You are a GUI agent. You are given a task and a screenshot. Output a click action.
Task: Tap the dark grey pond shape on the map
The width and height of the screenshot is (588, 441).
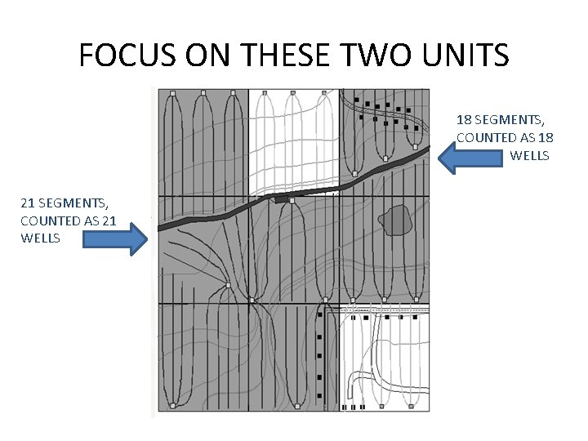(x=396, y=220)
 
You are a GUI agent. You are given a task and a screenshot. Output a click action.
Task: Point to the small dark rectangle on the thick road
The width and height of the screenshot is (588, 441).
(x=282, y=198)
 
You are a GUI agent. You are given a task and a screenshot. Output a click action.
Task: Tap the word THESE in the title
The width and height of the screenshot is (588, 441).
(x=269, y=55)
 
